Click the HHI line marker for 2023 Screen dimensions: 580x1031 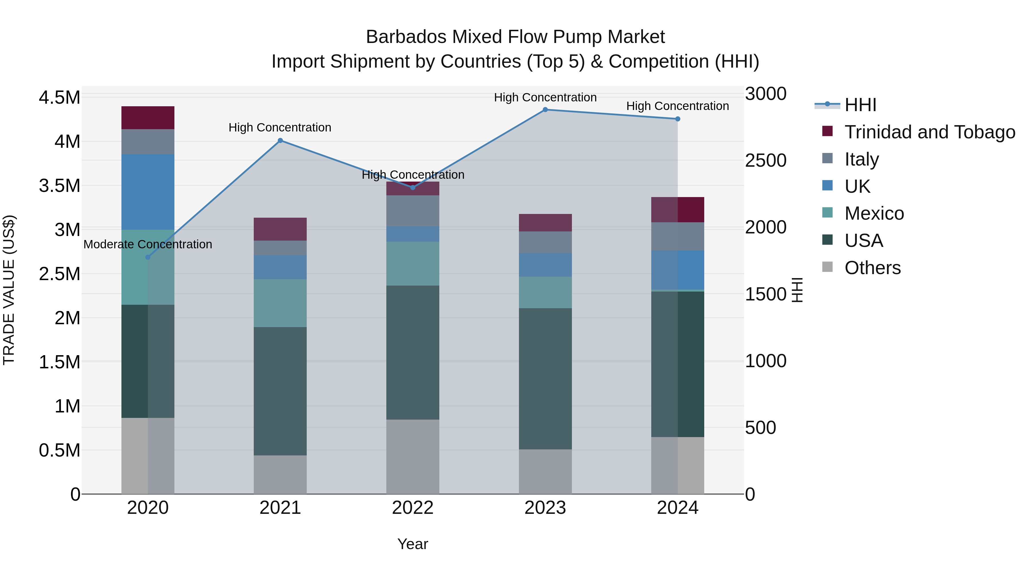click(545, 110)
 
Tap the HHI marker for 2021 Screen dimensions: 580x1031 click(280, 141)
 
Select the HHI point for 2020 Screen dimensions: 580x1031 click(148, 257)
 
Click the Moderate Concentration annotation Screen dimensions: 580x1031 click(148, 244)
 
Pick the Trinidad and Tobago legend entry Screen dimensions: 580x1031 click(929, 132)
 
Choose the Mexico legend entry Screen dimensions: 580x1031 click(874, 213)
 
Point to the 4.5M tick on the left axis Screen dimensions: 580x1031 click(59, 97)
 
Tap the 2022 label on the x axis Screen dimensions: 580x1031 click(413, 508)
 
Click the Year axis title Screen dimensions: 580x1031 click(413, 544)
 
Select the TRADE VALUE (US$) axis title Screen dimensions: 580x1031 click(9, 290)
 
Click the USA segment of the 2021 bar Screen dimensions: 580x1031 click(280, 391)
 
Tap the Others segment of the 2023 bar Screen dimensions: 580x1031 click(545, 471)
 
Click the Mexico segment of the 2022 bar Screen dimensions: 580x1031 click(413, 264)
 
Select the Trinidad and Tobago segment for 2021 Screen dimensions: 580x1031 click(280, 229)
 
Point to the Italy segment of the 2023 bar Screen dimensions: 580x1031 click(545, 242)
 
